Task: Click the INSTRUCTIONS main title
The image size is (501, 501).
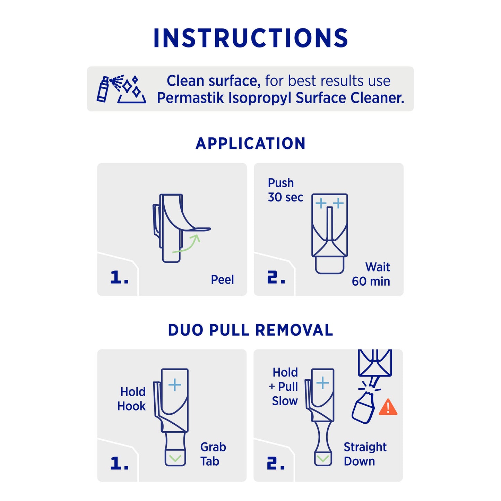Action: click(251, 38)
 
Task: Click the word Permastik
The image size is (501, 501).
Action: click(191, 98)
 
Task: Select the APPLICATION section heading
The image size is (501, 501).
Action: click(250, 144)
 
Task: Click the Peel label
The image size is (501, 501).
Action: click(222, 279)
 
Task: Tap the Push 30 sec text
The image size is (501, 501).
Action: click(285, 190)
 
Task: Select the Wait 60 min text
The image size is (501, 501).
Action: click(371, 274)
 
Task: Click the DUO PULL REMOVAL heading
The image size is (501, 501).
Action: click(250, 330)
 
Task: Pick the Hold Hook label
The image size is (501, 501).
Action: click(132, 399)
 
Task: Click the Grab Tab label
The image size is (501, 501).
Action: click(213, 454)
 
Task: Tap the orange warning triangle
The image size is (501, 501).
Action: click(388, 408)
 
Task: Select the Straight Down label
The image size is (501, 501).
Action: click(365, 454)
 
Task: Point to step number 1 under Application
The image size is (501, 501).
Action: click(119, 278)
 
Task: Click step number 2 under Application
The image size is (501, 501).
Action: click(276, 278)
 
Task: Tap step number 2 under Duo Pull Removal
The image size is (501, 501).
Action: click(276, 464)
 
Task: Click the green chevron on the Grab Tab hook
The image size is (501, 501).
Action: click(175, 458)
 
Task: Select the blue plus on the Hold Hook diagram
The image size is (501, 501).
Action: click(175, 385)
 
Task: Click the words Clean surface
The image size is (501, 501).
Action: click(213, 81)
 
